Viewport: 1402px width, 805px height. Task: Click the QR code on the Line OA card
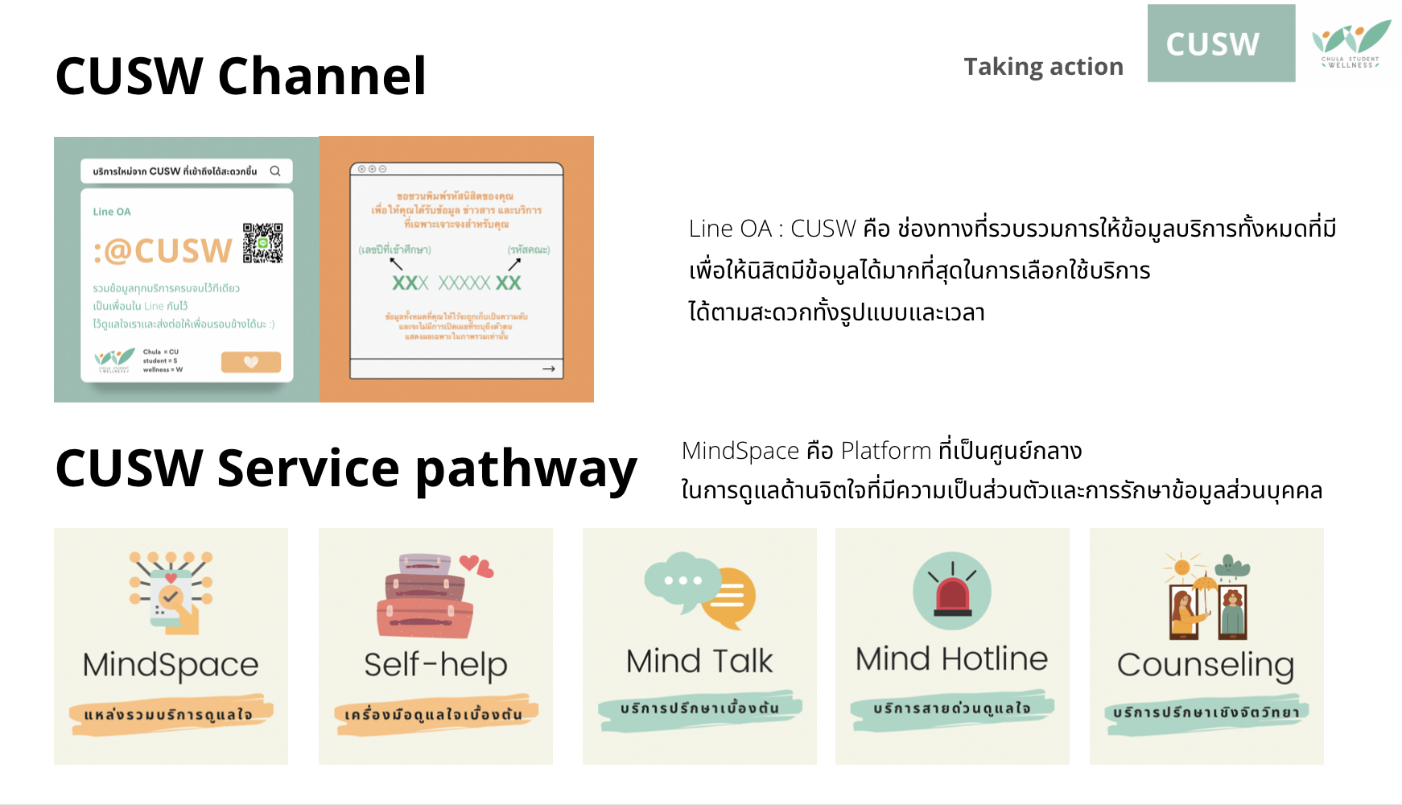tap(262, 243)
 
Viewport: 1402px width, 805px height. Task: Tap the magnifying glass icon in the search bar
tap(275, 171)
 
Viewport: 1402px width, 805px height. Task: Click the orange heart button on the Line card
tap(251, 362)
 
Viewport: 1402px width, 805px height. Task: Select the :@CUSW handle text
tap(163, 251)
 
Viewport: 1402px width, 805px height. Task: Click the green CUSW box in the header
tap(1221, 43)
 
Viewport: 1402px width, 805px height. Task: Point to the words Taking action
tap(1043, 67)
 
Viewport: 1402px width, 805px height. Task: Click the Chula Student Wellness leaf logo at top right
tap(1350, 44)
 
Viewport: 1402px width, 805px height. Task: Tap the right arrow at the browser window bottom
tap(549, 369)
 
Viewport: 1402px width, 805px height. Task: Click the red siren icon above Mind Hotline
tap(952, 591)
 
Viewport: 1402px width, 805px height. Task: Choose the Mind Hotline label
tap(951, 659)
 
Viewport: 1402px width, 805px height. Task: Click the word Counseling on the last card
tap(1206, 665)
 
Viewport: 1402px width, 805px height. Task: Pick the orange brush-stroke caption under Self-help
tap(435, 714)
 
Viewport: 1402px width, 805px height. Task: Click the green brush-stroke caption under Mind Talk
tap(699, 709)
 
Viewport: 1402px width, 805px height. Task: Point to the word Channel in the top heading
tap(322, 76)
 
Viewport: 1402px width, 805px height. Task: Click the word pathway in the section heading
tap(526, 469)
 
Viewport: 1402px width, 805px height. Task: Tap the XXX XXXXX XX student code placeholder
tap(456, 283)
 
